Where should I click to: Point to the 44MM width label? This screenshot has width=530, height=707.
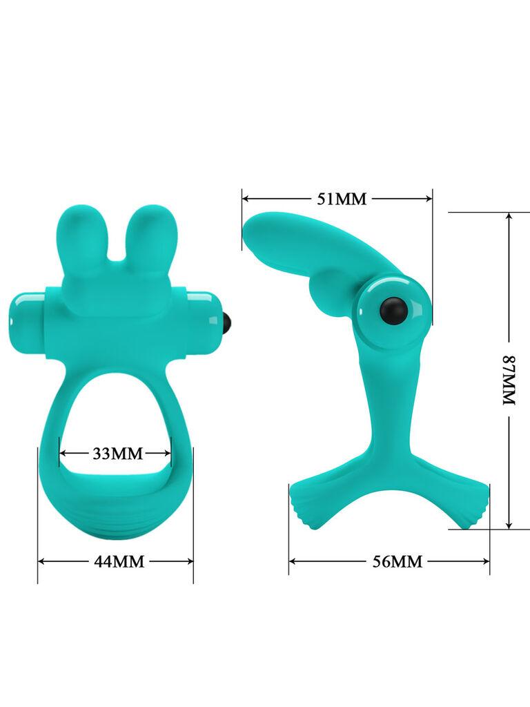tap(119, 562)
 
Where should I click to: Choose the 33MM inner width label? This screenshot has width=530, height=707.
tap(117, 454)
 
